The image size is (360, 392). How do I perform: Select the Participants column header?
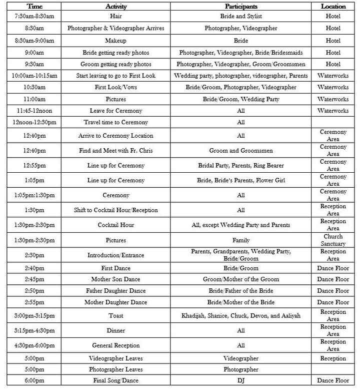click(241, 7)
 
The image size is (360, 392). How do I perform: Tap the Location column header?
click(333, 7)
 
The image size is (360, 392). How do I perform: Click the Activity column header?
click(115, 7)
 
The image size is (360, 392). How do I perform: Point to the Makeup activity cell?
click(115, 41)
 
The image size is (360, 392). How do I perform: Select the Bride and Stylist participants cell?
click(241, 17)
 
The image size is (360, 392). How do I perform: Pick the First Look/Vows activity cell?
click(115, 87)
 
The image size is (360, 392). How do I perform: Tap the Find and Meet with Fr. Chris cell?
click(115, 150)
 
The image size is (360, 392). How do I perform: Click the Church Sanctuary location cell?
click(333, 240)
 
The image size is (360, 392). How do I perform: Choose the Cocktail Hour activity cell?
click(115, 225)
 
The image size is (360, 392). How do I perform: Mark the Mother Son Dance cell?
click(115, 279)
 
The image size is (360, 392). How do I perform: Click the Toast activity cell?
click(115, 315)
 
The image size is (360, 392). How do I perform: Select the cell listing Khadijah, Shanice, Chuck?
click(241, 315)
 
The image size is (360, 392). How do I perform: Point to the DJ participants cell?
click(241, 380)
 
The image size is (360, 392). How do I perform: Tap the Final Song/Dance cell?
click(115, 380)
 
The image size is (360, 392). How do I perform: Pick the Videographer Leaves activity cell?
click(115, 358)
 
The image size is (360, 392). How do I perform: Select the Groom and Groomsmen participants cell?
click(241, 150)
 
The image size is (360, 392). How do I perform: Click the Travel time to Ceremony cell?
click(115, 122)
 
